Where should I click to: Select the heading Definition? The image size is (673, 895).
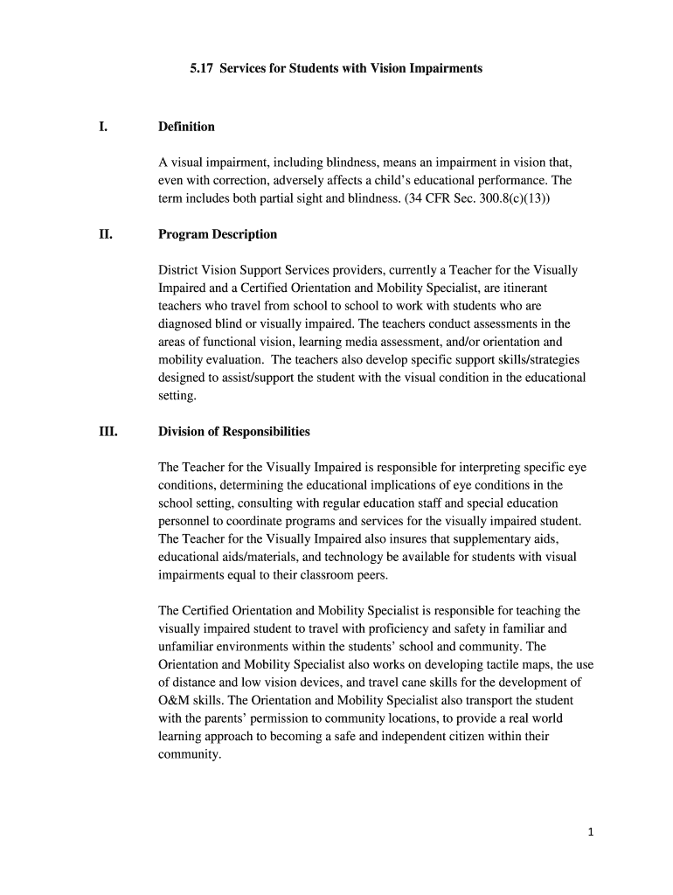[x=186, y=127]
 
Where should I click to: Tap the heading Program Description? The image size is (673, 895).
[x=218, y=234]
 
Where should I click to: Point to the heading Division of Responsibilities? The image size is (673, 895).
[x=233, y=432]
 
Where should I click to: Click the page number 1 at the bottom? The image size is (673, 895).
[x=591, y=832]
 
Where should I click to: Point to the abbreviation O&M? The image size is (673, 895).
[x=174, y=700]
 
